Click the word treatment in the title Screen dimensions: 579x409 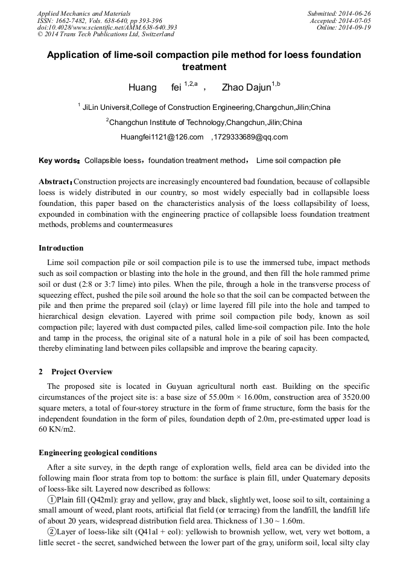click(x=204, y=67)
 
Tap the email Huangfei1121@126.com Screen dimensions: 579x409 click(x=162, y=137)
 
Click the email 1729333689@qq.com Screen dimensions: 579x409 click(x=251, y=137)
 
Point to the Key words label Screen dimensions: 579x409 click(x=59, y=161)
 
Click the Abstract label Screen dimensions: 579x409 click(x=55, y=182)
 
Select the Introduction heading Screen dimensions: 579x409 click(x=61, y=248)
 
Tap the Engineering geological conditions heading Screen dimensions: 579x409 click(x=98, y=453)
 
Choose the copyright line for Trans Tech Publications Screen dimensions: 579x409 click(x=96, y=34)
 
